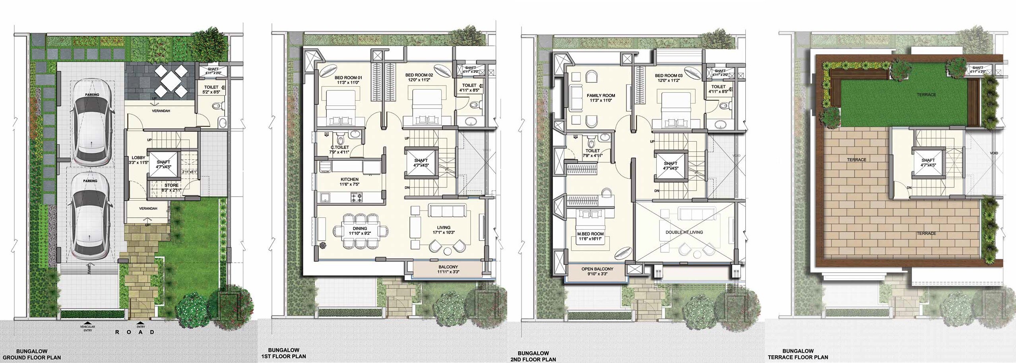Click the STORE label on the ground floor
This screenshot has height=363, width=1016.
171,185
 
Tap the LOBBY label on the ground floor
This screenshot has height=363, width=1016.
138,158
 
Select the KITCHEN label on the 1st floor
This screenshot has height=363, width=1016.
349,180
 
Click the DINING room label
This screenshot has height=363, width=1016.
360,229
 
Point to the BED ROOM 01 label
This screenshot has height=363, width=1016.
348,78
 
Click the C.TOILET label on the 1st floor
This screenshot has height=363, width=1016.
339,148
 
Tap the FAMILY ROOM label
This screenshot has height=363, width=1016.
601,96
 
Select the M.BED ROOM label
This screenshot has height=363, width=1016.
590,234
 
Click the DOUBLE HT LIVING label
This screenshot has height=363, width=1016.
684,232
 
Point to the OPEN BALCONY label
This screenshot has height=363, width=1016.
597,269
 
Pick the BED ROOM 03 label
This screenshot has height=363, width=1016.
669,76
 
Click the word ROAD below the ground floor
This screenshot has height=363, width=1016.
135,332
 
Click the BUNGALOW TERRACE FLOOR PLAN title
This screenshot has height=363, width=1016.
805,354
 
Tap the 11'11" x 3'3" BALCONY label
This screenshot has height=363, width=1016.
448,269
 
